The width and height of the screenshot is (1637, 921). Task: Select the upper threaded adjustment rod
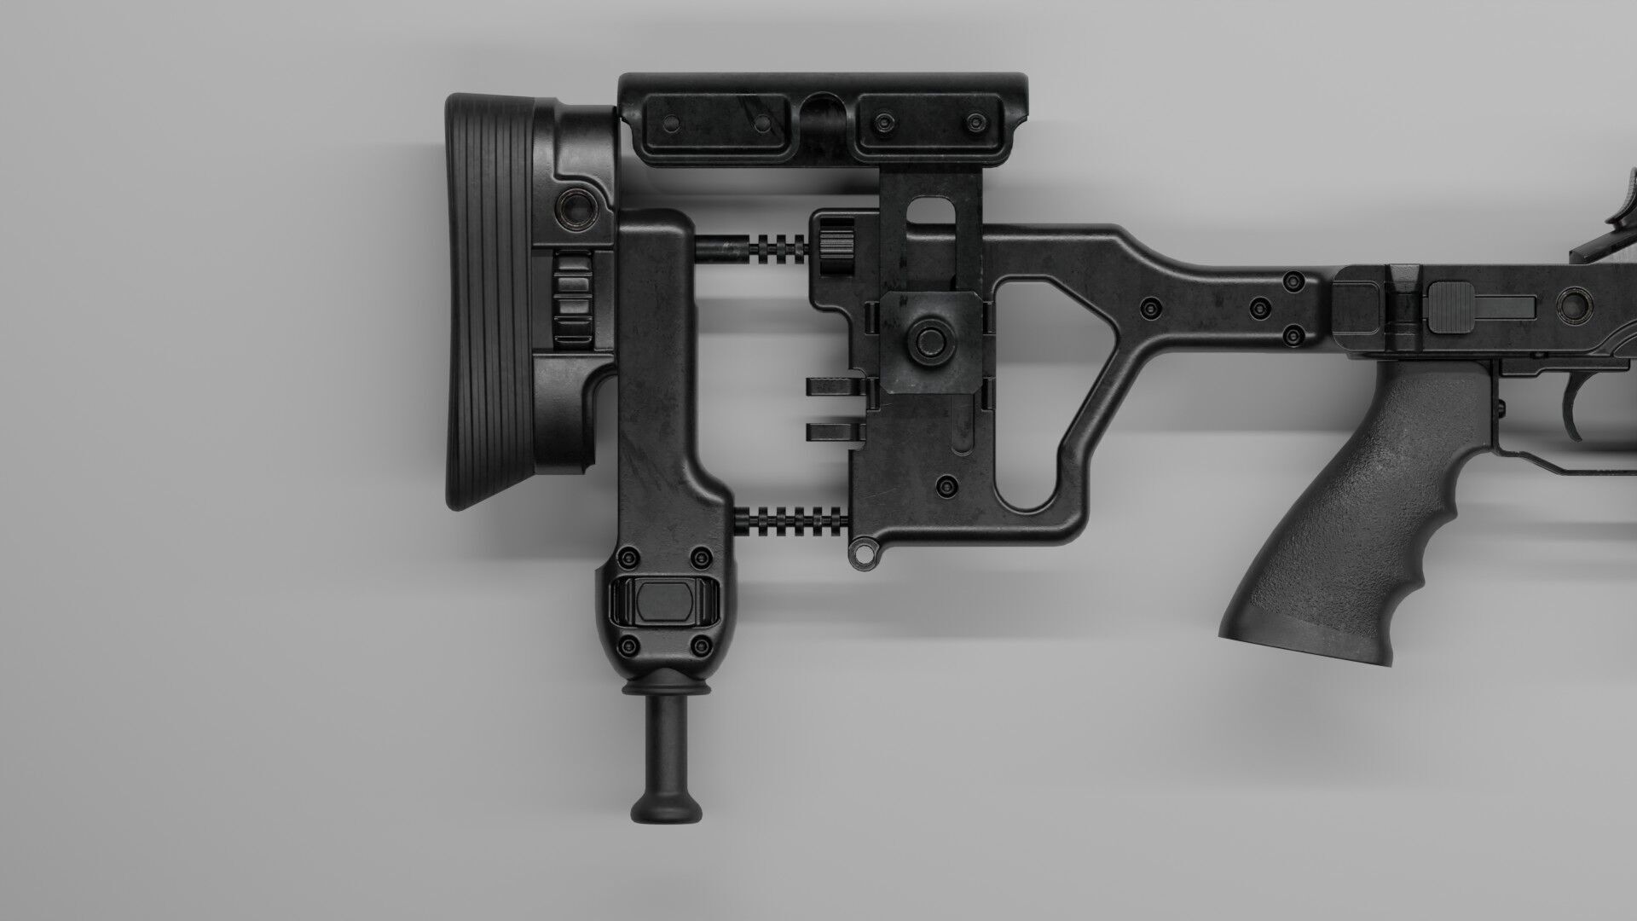(x=750, y=247)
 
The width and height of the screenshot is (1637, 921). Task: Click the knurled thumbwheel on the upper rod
(x=837, y=247)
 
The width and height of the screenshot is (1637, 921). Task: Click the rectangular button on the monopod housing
(x=662, y=600)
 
